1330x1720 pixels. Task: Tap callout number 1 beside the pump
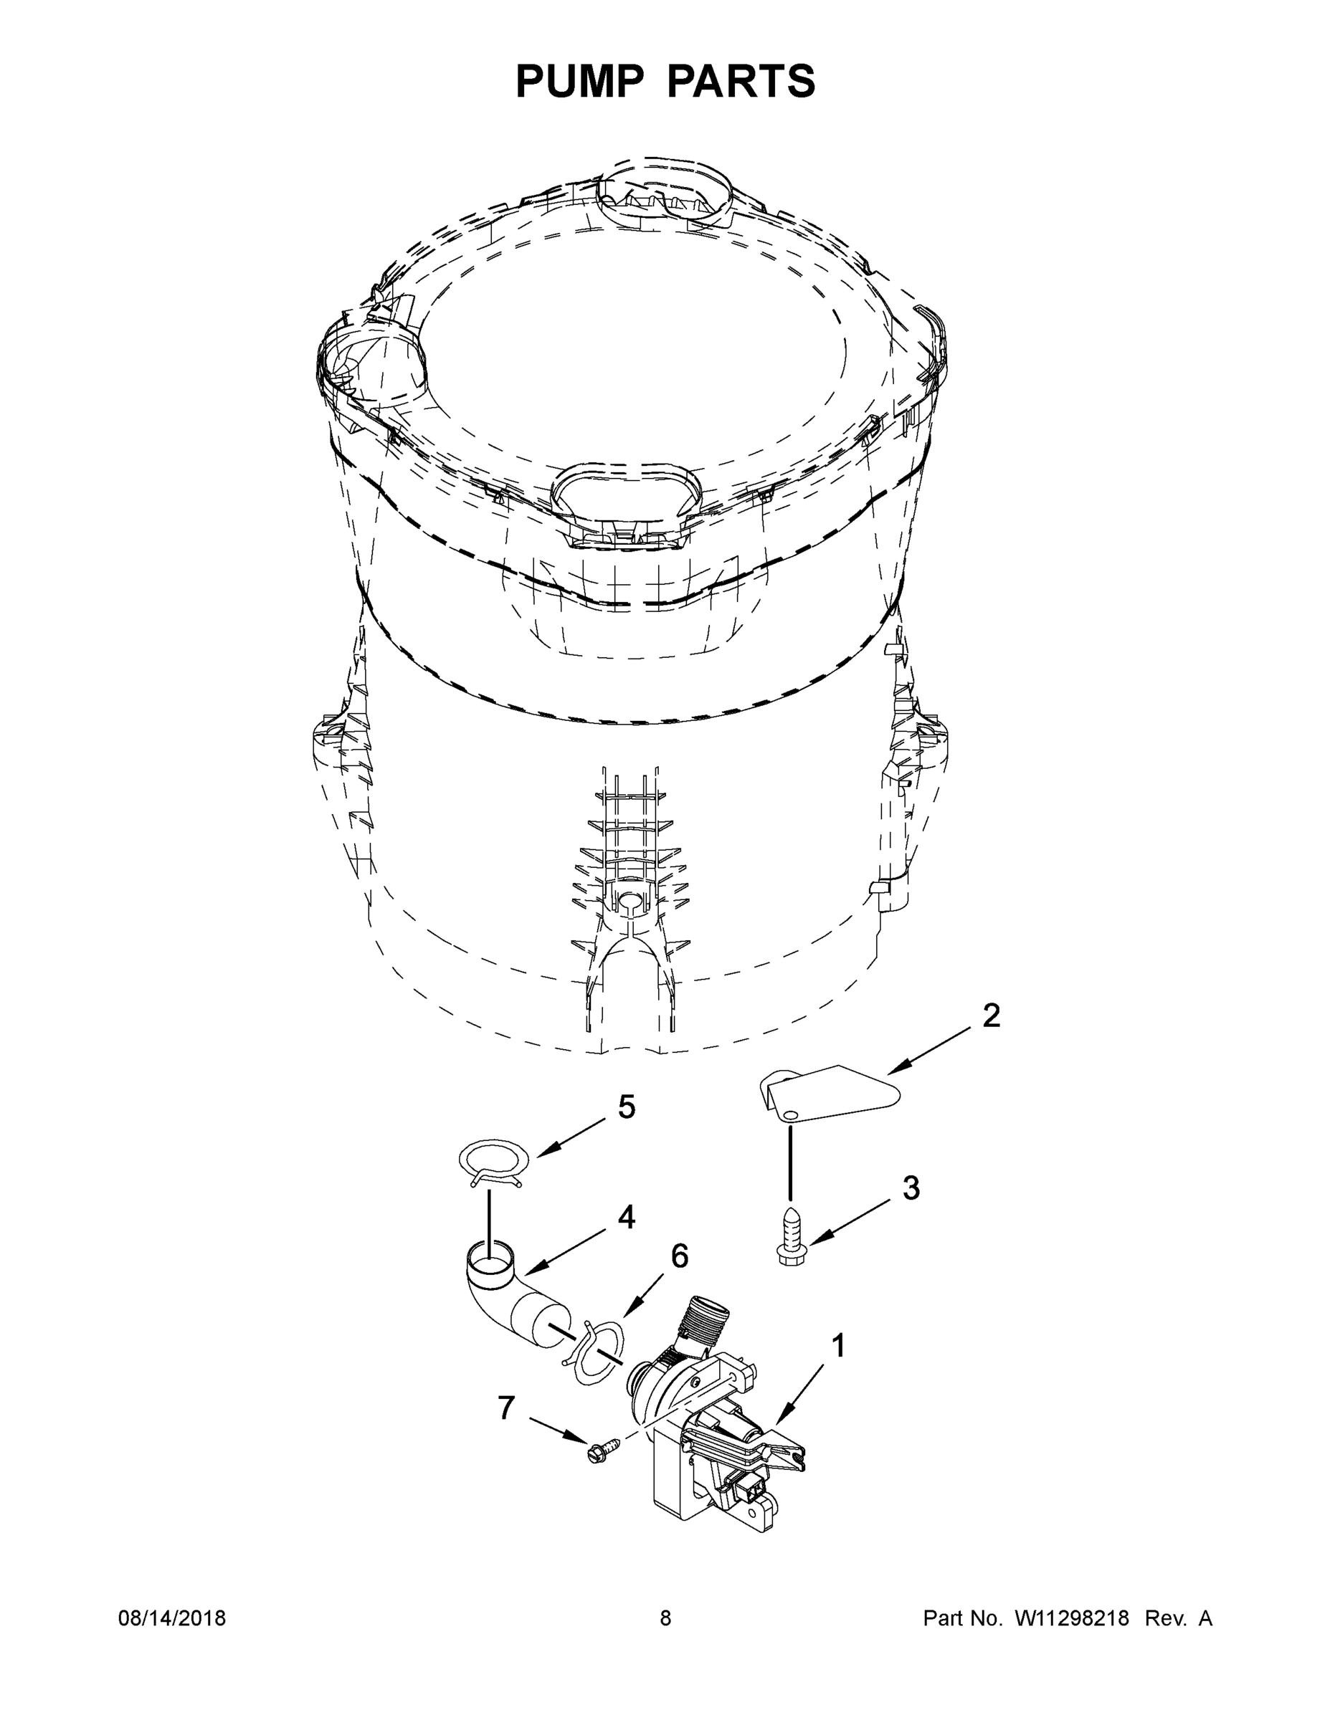click(838, 1347)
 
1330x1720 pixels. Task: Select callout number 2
click(991, 1016)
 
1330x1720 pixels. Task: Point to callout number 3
click(911, 1188)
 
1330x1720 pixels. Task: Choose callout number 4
click(626, 1218)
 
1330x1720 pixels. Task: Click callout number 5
click(626, 1107)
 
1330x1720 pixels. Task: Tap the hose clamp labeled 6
click(599, 1353)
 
